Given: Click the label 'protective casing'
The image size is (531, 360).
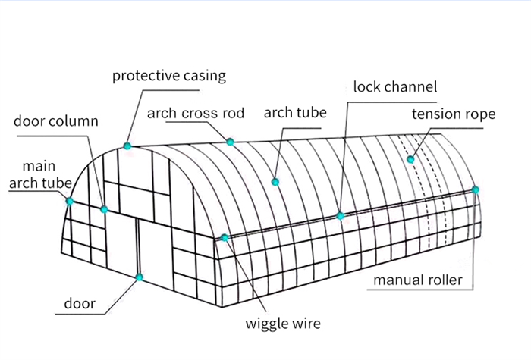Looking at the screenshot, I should click(168, 76).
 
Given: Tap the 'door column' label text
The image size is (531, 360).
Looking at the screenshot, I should click(56, 121).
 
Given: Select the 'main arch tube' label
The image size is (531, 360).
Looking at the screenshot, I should click(39, 174).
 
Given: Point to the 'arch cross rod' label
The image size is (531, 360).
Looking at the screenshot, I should click(196, 114).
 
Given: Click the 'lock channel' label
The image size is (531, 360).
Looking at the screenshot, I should click(395, 86).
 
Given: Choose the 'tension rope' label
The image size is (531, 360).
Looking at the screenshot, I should click(453, 114).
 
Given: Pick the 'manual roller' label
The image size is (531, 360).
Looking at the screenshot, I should click(417, 280).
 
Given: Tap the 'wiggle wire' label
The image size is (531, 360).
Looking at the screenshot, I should click(283, 324).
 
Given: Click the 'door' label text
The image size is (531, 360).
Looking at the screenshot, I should click(80, 304).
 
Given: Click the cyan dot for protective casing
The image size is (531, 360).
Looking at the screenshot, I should click(127, 146).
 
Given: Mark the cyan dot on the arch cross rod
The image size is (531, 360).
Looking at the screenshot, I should click(231, 142).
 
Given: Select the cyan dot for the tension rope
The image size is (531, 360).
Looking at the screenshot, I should click(410, 159).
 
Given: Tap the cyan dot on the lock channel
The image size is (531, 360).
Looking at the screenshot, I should click(341, 216).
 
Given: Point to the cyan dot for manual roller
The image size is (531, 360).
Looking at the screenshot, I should click(476, 189).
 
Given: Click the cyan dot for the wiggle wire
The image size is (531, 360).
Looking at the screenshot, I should click(225, 238).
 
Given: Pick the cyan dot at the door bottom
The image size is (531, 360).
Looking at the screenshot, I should click(140, 277).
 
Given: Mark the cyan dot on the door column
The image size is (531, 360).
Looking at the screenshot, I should click(105, 209).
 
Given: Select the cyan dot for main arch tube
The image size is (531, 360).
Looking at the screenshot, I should click(70, 201).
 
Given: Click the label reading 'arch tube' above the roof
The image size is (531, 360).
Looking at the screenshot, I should click(295, 114).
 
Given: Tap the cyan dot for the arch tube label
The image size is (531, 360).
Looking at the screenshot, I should click(275, 181).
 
